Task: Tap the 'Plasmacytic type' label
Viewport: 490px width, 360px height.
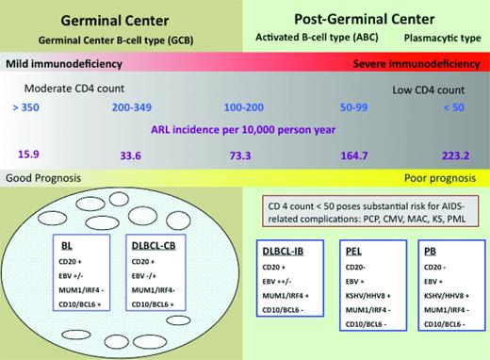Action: point(438,39)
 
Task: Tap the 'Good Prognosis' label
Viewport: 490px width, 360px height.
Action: point(45,177)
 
